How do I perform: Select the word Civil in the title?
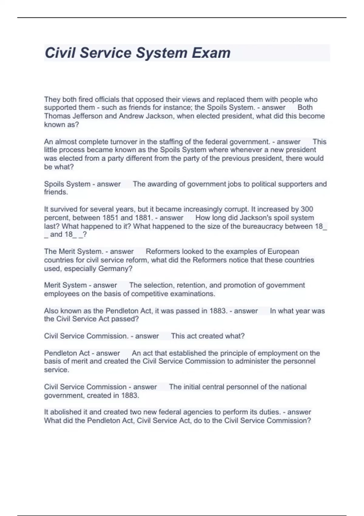pos(60,53)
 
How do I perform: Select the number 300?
pos(307,209)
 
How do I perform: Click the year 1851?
pos(110,218)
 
